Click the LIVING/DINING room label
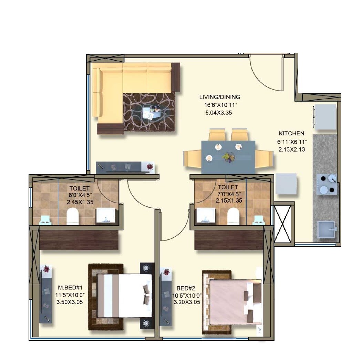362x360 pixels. click(219, 97)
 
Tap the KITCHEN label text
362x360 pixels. click(291, 133)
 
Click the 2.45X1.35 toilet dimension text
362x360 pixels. click(80, 202)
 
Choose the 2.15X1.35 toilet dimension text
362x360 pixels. click(227, 200)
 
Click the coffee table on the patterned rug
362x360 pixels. click(152, 113)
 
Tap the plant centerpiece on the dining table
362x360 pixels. click(228, 157)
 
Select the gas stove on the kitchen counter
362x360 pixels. click(327, 184)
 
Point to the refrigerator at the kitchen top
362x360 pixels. click(325, 116)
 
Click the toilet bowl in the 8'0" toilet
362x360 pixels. click(72, 216)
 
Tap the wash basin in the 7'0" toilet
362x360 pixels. click(206, 216)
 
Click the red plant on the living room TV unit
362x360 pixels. click(149, 167)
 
